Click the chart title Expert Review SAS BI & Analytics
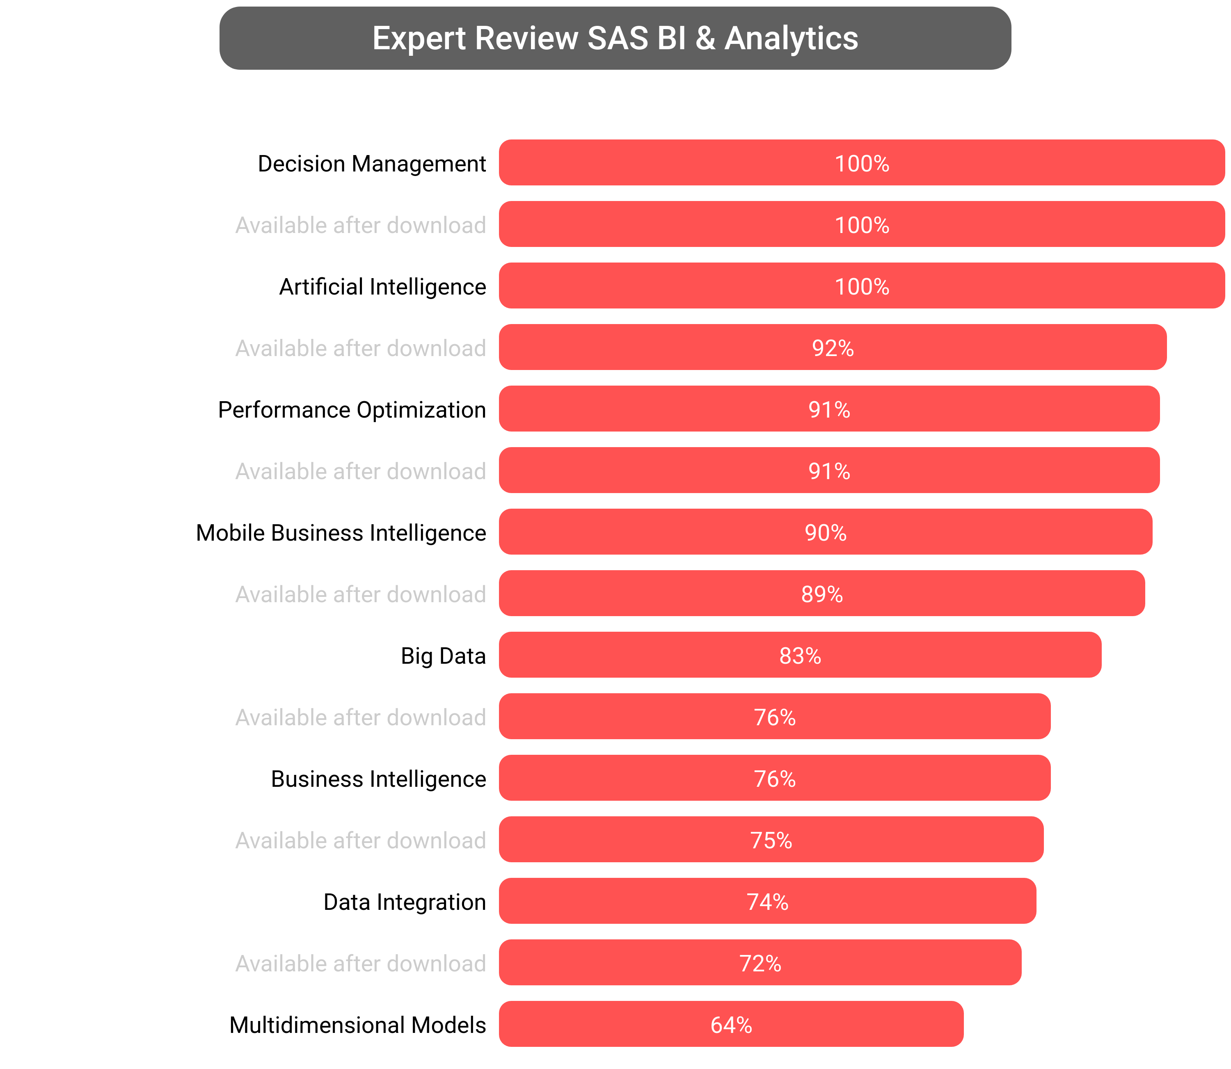pos(615,38)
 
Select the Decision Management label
pos(371,163)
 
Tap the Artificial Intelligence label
pos(382,286)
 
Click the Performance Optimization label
pos(352,410)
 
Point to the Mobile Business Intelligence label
pos(341,533)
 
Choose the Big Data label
pos(443,656)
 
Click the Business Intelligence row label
pos(378,779)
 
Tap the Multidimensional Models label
pos(357,1025)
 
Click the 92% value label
pos(833,348)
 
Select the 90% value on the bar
pos(825,533)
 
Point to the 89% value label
pos(821,594)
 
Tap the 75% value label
pos(771,841)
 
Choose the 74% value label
pos(767,902)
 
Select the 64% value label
pos(731,1025)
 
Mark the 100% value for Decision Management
pos(862,163)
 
